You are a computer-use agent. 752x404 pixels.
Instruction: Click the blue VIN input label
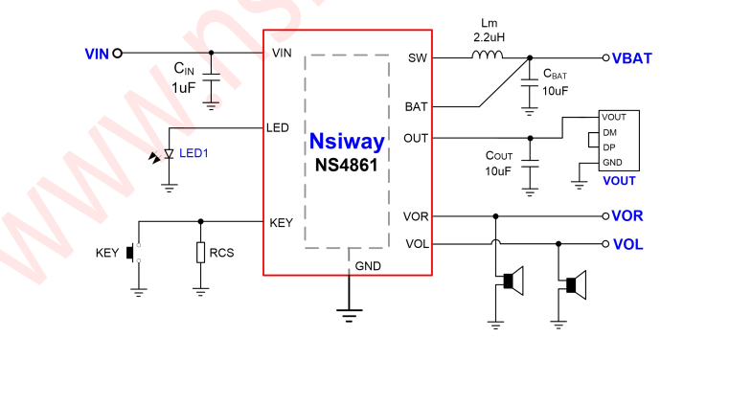point(97,54)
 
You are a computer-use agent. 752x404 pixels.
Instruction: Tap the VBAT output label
point(631,57)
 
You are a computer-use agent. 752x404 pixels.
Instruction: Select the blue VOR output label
point(627,216)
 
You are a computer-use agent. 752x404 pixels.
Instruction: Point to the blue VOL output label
point(627,244)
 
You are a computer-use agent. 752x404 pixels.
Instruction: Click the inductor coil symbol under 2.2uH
point(487,56)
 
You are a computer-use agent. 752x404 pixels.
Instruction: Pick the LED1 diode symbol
point(169,154)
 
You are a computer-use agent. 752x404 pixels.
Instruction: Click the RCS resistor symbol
point(200,253)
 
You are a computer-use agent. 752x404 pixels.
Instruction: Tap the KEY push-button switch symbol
point(135,253)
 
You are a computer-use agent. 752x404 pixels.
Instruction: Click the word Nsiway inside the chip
point(347,143)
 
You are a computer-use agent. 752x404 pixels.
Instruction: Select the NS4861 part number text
point(347,164)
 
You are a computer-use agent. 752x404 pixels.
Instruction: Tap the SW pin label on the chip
point(417,58)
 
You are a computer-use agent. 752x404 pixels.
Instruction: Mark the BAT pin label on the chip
point(416,107)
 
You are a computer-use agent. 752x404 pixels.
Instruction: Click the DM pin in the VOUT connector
point(609,132)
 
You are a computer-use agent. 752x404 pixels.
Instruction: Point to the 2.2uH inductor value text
point(489,37)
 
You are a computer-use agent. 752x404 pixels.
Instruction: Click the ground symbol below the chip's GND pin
point(347,308)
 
